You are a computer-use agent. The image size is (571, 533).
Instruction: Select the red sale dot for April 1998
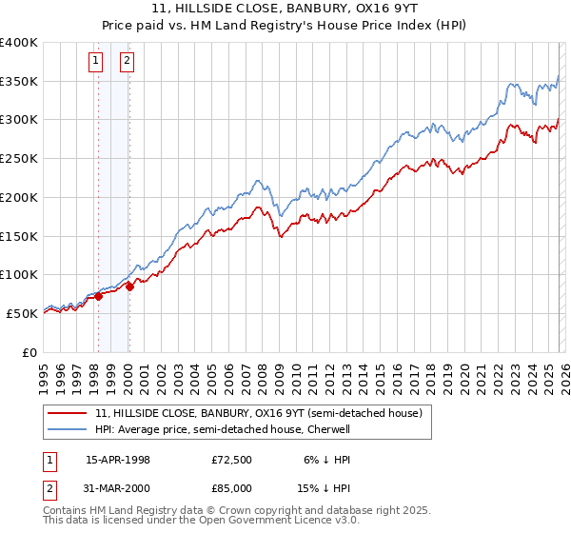pyautogui.click(x=98, y=296)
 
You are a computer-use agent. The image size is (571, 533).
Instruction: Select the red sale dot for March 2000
pyautogui.click(x=129, y=286)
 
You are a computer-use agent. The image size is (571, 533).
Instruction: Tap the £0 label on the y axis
pyautogui.click(x=30, y=352)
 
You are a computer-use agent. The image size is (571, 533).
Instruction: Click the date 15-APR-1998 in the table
pyautogui.click(x=118, y=460)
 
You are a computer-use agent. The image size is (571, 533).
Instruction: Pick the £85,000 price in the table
pyautogui.click(x=232, y=488)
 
